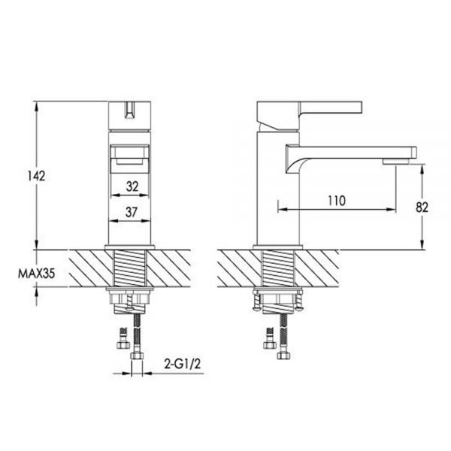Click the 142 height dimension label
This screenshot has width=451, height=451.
coord(37,176)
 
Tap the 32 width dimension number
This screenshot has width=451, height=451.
coord(132,186)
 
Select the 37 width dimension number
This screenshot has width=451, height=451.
coord(131,212)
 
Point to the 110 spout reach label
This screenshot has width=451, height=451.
coord(337,201)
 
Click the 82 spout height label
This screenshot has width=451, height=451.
coord(422,207)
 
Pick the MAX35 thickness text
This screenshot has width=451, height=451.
coord(36,274)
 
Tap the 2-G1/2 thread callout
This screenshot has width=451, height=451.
coord(183,364)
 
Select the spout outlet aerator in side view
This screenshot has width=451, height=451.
coord(395,162)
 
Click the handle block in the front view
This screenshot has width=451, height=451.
coord(130,115)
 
